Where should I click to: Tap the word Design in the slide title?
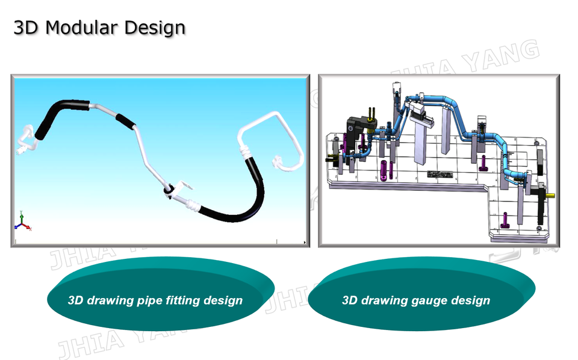tap(155, 28)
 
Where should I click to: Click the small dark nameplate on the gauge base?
tap(439, 174)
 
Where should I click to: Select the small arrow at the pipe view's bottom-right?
tap(306, 243)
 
